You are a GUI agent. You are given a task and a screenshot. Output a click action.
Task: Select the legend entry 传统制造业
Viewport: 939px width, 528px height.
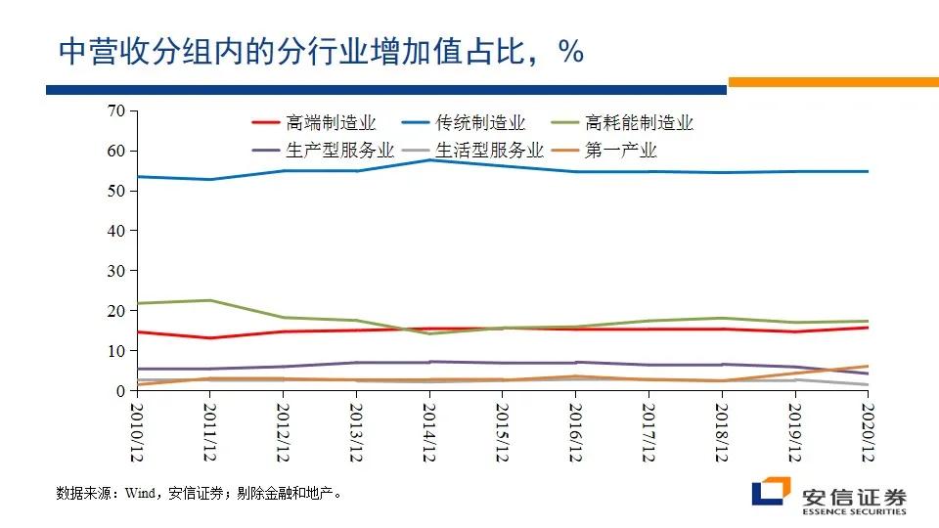coord(480,123)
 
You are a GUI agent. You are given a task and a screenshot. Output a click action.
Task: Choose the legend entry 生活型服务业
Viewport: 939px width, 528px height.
coord(489,151)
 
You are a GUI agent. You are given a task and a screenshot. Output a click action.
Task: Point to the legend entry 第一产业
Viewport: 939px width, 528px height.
coord(620,151)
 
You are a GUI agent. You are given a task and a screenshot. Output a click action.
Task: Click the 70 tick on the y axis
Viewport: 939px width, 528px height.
coord(116,110)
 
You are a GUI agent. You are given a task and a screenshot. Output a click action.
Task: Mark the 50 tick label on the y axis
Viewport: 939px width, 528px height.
coord(116,191)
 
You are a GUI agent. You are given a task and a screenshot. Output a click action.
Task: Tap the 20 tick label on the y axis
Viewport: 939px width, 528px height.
coord(116,311)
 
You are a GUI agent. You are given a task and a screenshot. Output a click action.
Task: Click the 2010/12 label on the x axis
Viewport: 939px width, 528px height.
coord(136,431)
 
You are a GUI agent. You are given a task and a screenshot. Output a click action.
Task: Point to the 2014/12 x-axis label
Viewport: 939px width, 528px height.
coord(429,431)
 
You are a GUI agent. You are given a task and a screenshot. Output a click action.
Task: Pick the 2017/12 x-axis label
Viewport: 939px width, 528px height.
coord(648,431)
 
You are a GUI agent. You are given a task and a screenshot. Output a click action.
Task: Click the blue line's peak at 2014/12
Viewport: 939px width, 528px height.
coord(429,159)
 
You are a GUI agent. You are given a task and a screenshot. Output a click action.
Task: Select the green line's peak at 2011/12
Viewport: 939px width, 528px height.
coord(209,300)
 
